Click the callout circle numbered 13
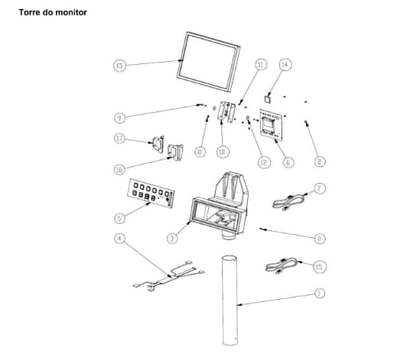pyautogui.click(x=120, y=65)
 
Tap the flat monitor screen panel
pyautogui.click(x=208, y=62)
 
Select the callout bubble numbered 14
pyautogui.click(x=285, y=65)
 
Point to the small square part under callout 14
pyautogui.click(x=268, y=99)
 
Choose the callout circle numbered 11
pyautogui.click(x=261, y=65)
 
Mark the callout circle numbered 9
pyautogui.click(x=120, y=117)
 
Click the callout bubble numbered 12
pyautogui.click(x=264, y=162)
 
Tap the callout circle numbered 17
pyautogui.click(x=120, y=139)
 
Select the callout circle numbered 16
pyautogui.click(x=120, y=169)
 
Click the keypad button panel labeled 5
pyautogui.click(x=151, y=193)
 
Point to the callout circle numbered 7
pyautogui.click(x=320, y=188)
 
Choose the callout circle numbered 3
pyautogui.click(x=172, y=239)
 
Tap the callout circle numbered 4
pyautogui.click(x=120, y=239)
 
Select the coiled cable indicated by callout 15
pyautogui.click(x=282, y=265)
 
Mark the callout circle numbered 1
pyautogui.click(x=320, y=294)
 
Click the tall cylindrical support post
pyautogui.click(x=230, y=301)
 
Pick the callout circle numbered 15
pyautogui.click(x=320, y=266)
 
